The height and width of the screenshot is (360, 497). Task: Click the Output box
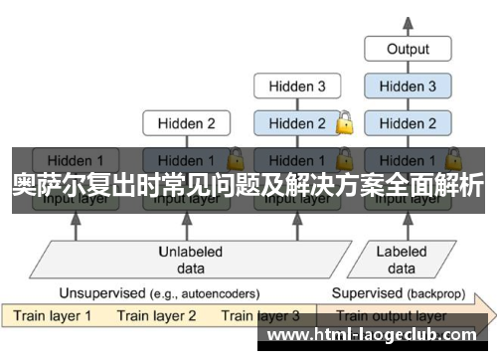408,49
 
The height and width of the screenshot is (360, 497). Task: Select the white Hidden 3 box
295,87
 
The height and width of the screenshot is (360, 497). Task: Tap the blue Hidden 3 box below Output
408,87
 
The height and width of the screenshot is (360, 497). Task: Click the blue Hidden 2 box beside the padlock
295,124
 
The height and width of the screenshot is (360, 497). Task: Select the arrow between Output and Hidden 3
408,68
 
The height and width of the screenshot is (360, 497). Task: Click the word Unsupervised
100,293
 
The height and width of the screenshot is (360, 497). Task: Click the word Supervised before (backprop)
367,293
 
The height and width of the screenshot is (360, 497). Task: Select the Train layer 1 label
52,316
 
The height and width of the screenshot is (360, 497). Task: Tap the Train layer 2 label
157,316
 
